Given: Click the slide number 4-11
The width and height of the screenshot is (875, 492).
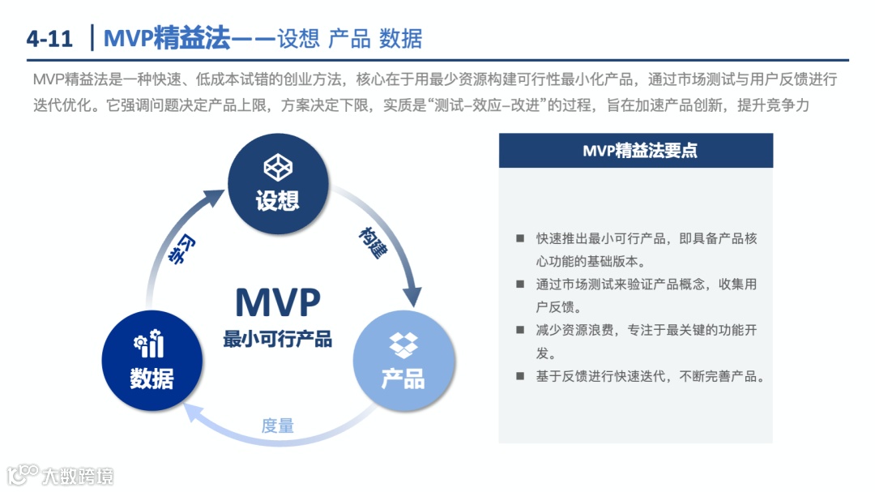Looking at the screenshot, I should (x=49, y=38).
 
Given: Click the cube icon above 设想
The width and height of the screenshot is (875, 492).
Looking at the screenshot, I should (x=278, y=168).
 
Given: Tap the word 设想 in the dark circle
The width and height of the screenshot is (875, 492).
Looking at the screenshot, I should (x=278, y=200).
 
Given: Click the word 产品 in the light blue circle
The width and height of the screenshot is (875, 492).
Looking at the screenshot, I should (x=403, y=378).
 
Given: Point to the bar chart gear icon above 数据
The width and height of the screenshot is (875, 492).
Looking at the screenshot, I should (x=151, y=344).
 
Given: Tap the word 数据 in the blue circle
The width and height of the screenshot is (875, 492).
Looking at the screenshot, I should (x=152, y=378).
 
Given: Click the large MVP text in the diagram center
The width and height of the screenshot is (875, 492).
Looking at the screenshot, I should (x=278, y=302).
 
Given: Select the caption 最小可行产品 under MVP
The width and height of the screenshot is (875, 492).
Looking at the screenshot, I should (x=278, y=339).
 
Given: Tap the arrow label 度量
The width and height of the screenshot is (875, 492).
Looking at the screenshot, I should (x=278, y=426).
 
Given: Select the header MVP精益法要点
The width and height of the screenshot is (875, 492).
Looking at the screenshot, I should (x=635, y=151).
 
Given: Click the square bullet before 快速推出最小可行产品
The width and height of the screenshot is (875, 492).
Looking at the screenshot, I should (x=519, y=239).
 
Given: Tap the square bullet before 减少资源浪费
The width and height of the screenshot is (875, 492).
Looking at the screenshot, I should (x=519, y=331).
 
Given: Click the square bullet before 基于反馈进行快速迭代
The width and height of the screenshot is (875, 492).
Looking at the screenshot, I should (x=519, y=376).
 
